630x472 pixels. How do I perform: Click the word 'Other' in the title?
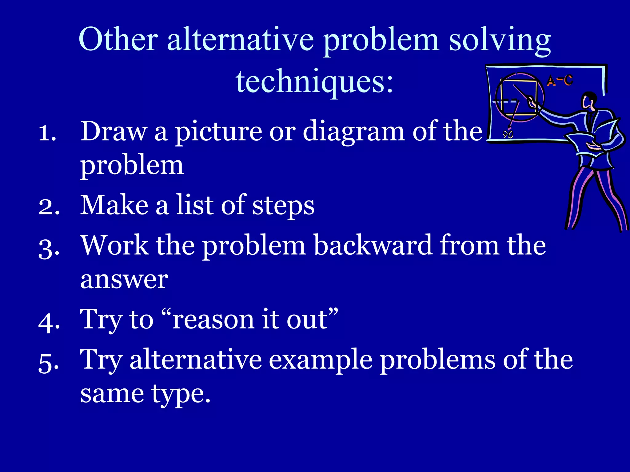click(x=118, y=39)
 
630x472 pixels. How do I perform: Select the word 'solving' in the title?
click(x=500, y=41)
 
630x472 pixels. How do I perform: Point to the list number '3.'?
click(x=49, y=248)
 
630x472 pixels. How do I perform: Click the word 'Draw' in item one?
click(x=114, y=131)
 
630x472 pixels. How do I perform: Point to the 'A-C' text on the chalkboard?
click(x=560, y=81)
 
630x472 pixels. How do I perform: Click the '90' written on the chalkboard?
click(x=508, y=134)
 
